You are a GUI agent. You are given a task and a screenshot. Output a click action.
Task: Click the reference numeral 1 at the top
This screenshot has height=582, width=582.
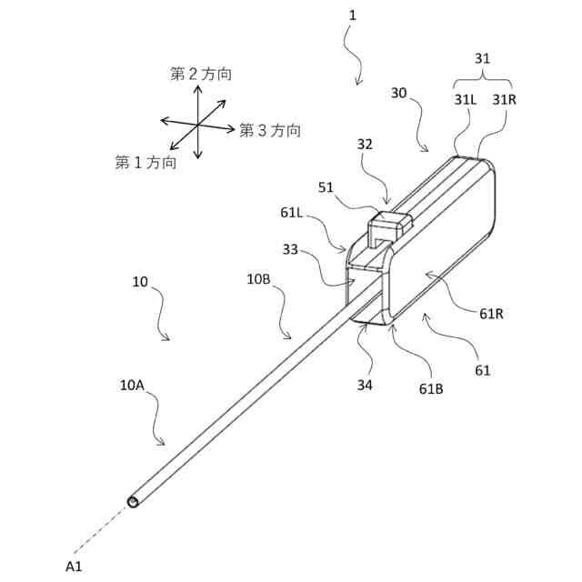352,16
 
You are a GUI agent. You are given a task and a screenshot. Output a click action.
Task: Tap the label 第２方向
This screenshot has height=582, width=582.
200,75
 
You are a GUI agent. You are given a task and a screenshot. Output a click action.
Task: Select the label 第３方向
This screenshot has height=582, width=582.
270,130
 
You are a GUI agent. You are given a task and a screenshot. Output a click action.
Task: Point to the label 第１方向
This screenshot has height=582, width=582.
145,162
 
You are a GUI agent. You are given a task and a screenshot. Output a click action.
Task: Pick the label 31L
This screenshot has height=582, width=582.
466,99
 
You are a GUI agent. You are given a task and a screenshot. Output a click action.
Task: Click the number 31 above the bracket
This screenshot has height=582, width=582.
483,57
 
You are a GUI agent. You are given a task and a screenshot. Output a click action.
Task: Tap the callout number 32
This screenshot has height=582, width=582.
365,144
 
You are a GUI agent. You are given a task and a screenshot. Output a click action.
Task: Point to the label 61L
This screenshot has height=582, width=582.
294,214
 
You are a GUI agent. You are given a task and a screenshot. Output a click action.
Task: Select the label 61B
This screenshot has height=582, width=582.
431,387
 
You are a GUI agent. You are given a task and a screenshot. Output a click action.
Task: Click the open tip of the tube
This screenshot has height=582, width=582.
135,501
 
